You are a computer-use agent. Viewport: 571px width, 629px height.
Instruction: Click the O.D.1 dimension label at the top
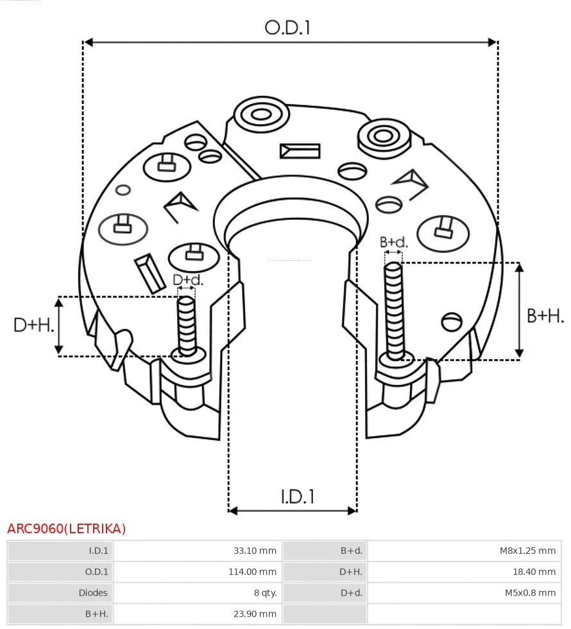click(x=287, y=28)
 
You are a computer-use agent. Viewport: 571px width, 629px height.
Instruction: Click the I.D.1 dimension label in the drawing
click(x=297, y=497)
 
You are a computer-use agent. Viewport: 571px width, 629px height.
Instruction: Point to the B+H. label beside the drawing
click(x=545, y=315)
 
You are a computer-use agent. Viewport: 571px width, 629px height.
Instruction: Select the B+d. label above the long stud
click(x=393, y=242)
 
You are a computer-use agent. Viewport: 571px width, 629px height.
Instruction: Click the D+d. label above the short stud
click(x=187, y=279)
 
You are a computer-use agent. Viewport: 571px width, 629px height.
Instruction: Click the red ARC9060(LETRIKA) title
click(x=67, y=529)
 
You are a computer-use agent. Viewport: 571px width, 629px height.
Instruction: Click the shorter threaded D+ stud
click(x=187, y=324)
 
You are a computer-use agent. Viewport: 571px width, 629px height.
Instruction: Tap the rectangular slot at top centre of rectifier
click(x=300, y=151)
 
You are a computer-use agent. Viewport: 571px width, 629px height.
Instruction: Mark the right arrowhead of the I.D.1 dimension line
click(x=352, y=511)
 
